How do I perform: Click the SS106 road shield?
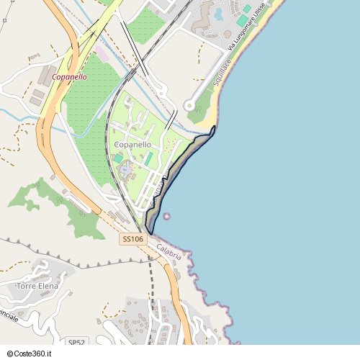tap(133, 239)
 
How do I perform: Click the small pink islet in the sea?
tap(167, 215)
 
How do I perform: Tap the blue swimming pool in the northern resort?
tap(219, 12)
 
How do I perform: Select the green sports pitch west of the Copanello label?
tap(118, 158)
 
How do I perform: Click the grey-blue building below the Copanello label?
tap(126, 171)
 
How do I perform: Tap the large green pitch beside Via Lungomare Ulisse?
tap(243, 21)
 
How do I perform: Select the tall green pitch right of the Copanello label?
tap(149, 159)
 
